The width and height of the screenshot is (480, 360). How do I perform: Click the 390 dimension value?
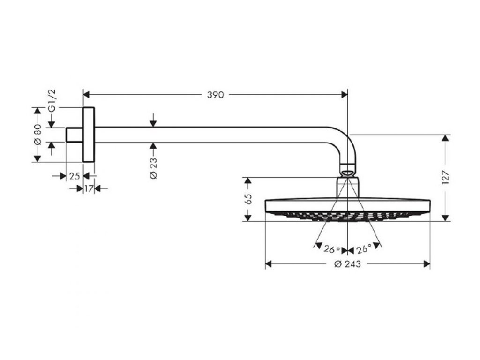216,95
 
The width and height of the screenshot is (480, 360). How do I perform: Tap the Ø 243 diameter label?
347,264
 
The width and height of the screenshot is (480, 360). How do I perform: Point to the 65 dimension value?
248,199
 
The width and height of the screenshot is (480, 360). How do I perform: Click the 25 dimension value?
74,176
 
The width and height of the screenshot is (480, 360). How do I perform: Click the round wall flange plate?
89,135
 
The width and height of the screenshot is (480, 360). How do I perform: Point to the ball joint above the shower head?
347,171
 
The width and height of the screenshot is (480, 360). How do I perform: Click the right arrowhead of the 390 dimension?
345,95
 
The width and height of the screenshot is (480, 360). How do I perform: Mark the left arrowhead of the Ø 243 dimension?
269,264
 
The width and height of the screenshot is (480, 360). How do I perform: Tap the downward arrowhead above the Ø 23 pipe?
153,123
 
